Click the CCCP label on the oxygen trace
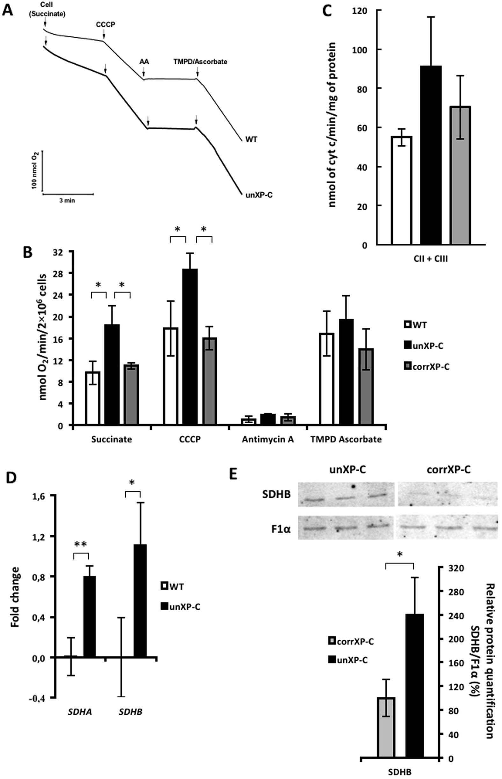[105, 25]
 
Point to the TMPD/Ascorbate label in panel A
[200, 61]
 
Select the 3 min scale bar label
[67, 201]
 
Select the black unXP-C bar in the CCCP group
[190, 347]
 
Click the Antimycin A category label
[268, 439]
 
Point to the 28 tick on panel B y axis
[62, 273]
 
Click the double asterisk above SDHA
[81, 544]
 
